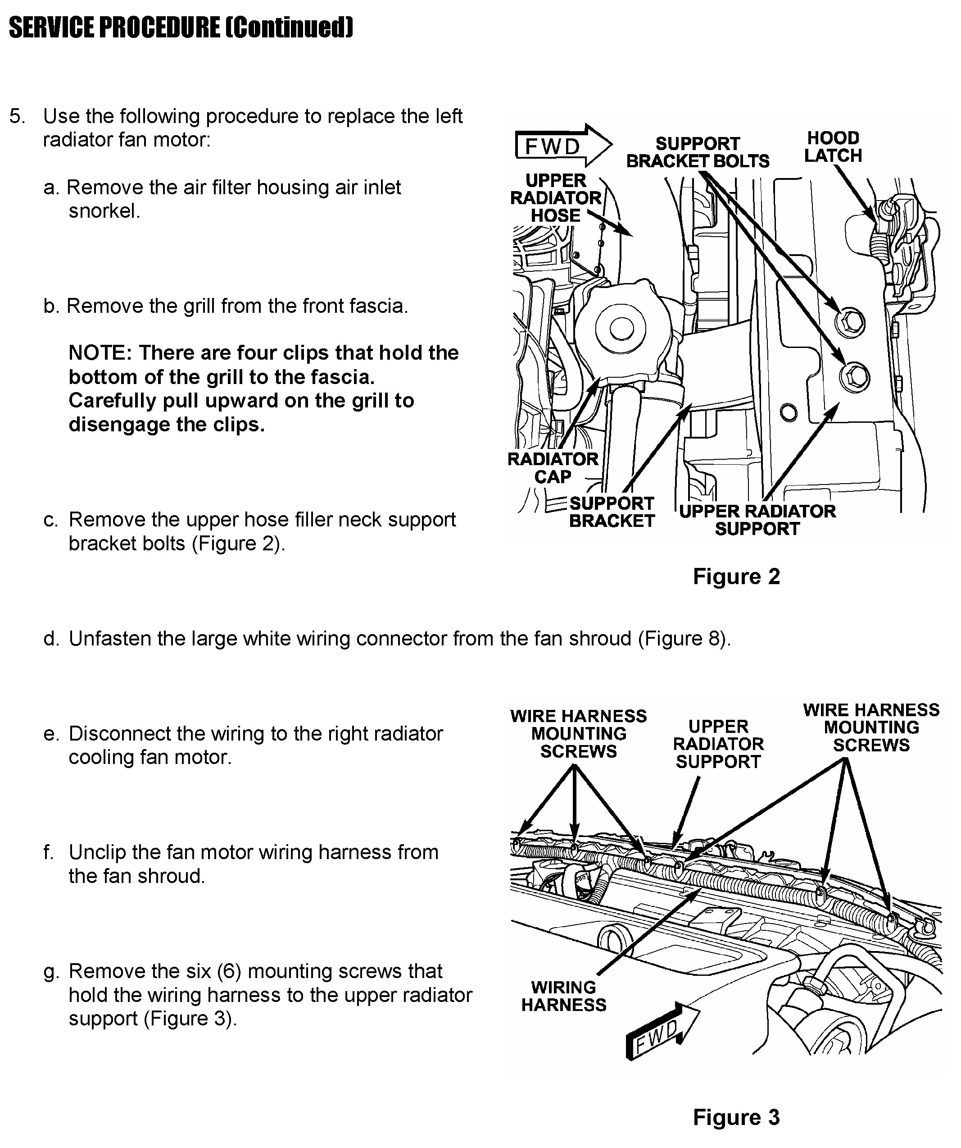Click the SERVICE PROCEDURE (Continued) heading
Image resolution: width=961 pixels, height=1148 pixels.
pyautogui.click(x=181, y=27)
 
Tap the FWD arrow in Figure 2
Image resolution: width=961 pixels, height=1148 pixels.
pyautogui.click(x=563, y=146)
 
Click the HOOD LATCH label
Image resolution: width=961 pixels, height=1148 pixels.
pyautogui.click(x=833, y=146)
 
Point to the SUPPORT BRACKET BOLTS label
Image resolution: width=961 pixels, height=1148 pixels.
pyautogui.click(x=697, y=152)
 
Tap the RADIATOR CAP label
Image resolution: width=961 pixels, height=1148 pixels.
pyautogui.click(x=553, y=468)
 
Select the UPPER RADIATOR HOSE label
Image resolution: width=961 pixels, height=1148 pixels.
pyautogui.click(x=556, y=198)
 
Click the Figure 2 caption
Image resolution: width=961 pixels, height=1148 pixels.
pyautogui.click(x=736, y=577)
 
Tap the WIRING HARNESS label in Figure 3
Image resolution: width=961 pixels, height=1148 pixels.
pyautogui.click(x=563, y=996)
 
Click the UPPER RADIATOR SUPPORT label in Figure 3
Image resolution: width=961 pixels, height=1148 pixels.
pyautogui.click(x=718, y=744)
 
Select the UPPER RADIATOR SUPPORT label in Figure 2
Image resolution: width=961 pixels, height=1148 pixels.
pyautogui.click(x=757, y=520)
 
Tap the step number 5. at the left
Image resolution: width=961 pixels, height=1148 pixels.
pyautogui.click(x=18, y=116)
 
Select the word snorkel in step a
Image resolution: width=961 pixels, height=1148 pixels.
pyautogui.click(x=104, y=211)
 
